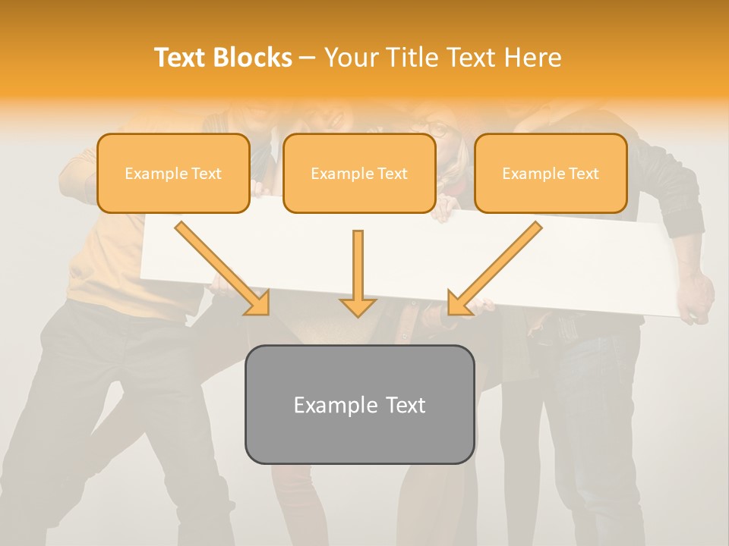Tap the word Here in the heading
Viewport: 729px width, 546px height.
coord(532,58)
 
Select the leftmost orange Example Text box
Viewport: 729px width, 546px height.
coord(173,174)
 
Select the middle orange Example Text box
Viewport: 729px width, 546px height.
coord(359,174)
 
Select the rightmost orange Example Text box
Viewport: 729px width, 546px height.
coord(551,174)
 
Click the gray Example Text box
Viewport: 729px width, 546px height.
coord(359,404)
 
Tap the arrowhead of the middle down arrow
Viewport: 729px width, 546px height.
coord(358,306)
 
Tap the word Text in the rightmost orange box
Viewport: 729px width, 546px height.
coord(583,174)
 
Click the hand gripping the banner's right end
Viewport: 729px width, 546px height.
coord(695,300)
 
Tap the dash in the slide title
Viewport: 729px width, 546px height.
coord(308,58)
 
